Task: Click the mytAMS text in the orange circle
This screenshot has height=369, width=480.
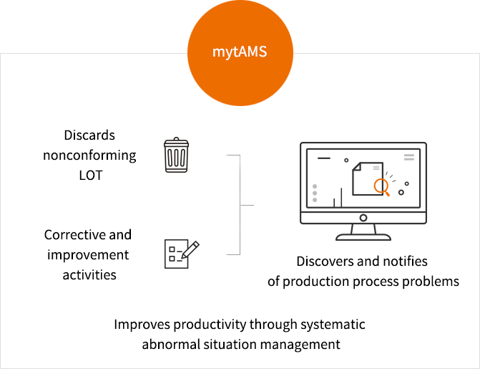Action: [x=240, y=52]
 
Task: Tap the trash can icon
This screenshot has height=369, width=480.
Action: [x=176, y=155]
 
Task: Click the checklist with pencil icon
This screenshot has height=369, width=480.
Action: [x=182, y=254]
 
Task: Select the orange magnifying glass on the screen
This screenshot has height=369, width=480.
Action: [x=381, y=187]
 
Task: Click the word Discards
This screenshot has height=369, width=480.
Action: [x=89, y=135]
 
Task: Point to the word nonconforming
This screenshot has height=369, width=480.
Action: [x=89, y=155]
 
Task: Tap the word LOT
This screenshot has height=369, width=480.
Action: [x=91, y=176]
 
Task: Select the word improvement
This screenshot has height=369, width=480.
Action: [x=88, y=255]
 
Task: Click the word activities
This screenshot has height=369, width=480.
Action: [x=89, y=275]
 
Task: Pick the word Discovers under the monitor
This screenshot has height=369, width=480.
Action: [x=325, y=262]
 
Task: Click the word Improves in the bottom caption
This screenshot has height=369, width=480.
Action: [x=142, y=325]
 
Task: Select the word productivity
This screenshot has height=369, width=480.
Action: [x=210, y=325]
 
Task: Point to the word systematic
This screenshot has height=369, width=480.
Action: [x=333, y=325]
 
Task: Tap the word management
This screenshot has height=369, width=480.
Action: [x=300, y=345]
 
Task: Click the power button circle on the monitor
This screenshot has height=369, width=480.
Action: [x=363, y=218]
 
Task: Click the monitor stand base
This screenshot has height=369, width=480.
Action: [x=363, y=237]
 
